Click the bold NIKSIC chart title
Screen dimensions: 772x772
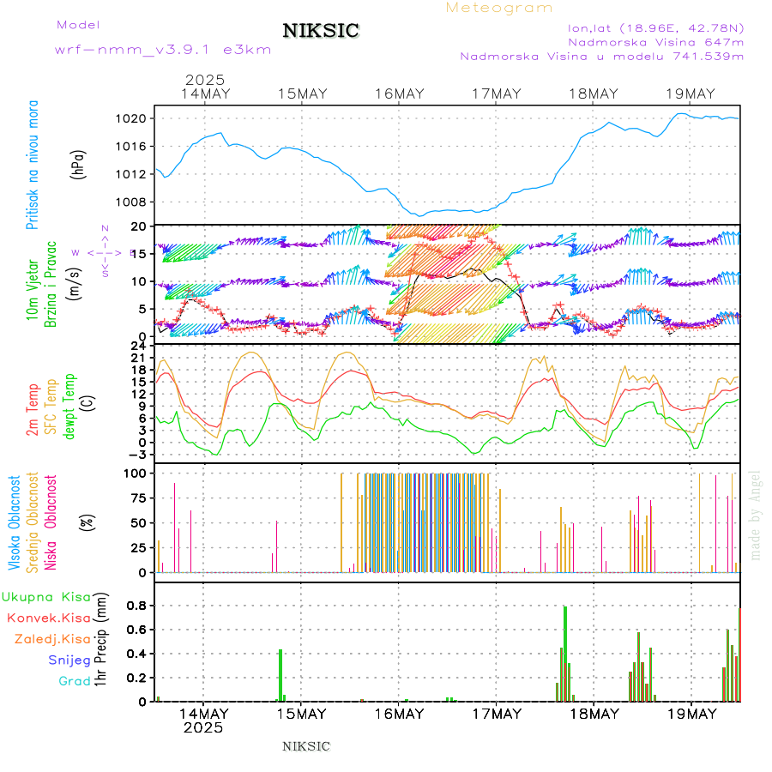[x=321, y=32]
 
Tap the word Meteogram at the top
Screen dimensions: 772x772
[x=499, y=8]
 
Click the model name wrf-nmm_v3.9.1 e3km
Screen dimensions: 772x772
[x=163, y=50]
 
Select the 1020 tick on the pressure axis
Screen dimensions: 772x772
[x=140, y=118]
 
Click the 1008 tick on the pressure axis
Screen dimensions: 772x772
[x=140, y=202]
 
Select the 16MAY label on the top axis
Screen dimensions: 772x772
[x=400, y=93]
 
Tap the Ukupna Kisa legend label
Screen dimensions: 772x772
[x=46, y=597]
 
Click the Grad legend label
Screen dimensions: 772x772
[x=75, y=681]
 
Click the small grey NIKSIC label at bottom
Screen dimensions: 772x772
[x=306, y=746]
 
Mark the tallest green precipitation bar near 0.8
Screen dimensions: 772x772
[x=565, y=652]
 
